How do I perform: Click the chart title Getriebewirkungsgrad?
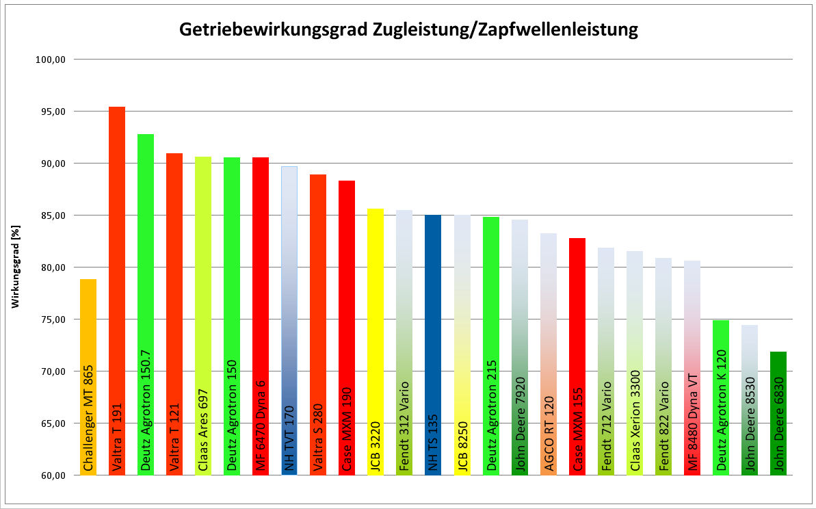[x=408, y=29]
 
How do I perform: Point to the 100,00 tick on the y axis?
[x=50, y=60]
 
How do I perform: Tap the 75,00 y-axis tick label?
[x=50, y=319]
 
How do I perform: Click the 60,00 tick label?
[x=50, y=475]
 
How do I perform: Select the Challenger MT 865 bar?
[x=88, y=376]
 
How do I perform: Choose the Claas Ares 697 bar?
[x=203, y=315]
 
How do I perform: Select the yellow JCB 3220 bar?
[x=376, y=342]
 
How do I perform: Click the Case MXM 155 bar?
[x=577, y=356]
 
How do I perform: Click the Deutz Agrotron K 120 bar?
[x=720, y=397]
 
